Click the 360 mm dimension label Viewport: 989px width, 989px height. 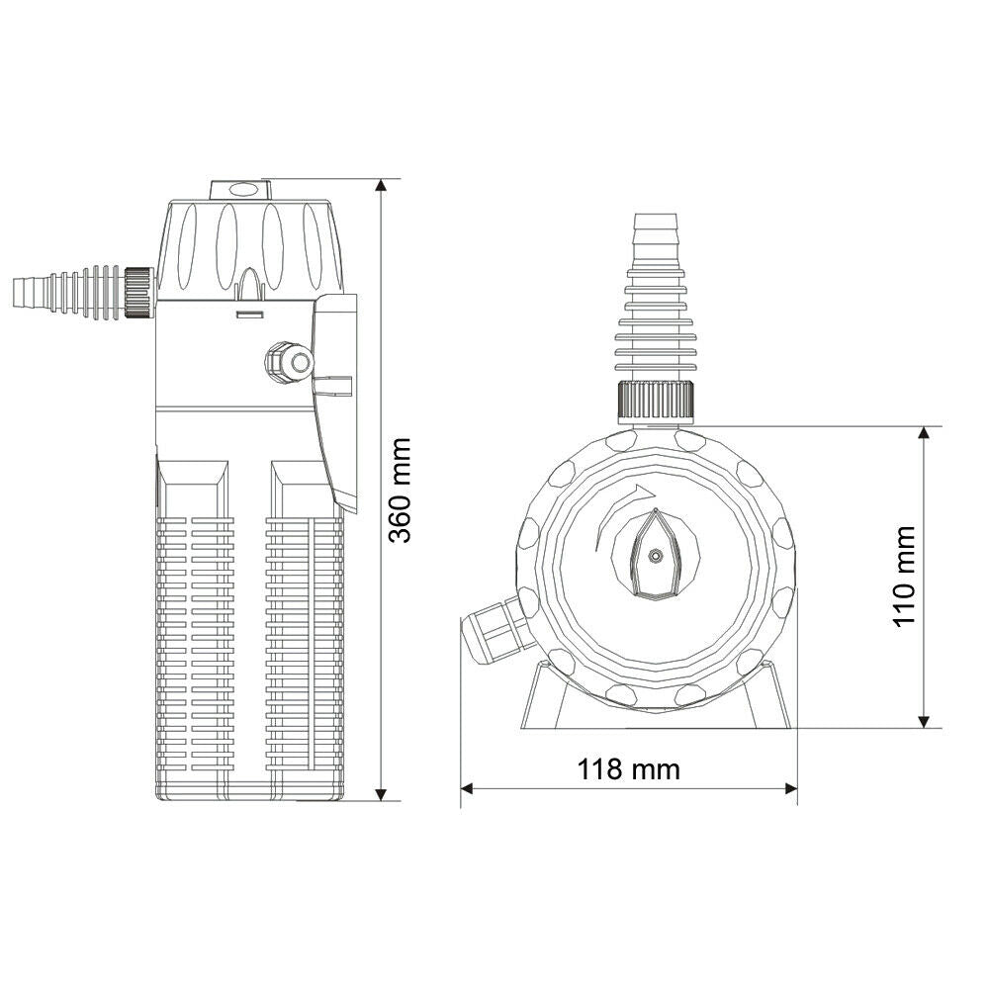coord(400,491)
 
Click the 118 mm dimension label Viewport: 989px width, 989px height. coord(629,768)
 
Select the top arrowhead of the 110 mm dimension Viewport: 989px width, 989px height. coord(924,435)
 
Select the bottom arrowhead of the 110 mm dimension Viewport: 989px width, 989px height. coord(924,719)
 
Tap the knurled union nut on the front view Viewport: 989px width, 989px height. coord(657,401)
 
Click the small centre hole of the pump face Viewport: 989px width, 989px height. coord(655,556)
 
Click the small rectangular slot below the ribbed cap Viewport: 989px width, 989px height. coord(248,315)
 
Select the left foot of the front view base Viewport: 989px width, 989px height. coord(539,697)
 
